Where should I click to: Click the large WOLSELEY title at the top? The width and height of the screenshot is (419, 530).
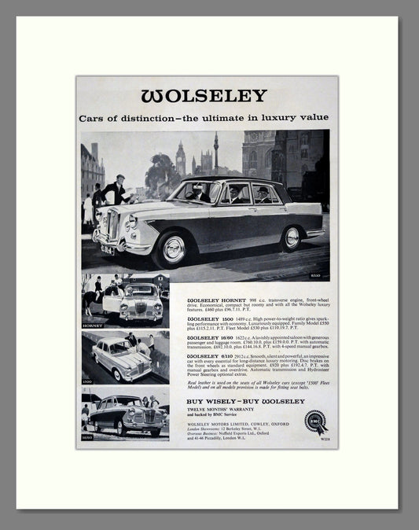click(x=204, y=96)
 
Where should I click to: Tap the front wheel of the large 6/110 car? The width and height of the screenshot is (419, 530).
click(x=171, y=250)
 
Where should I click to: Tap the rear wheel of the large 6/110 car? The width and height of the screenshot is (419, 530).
click(x=291, y=237)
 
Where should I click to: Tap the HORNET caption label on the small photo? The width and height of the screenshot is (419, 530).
click(x=93, y=323)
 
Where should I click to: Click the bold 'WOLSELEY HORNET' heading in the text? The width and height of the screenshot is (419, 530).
click(x=215, y=300)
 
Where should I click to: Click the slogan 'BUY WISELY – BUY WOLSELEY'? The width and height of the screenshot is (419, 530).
click(x=245, y=401)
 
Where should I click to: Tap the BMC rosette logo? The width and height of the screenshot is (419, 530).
click(x=315, y=422)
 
